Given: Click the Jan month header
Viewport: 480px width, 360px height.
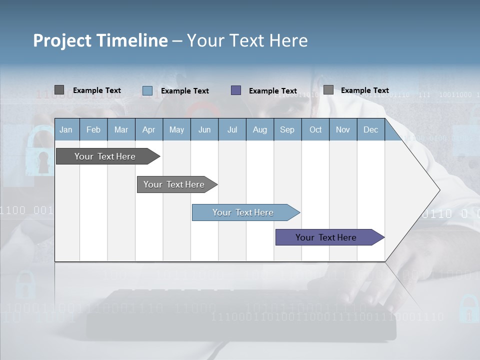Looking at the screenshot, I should (66, 129).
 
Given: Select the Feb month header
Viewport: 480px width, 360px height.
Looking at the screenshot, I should (93, 129).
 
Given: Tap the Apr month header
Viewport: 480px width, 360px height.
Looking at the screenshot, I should (149, 129).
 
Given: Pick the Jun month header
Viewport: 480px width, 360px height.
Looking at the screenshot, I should (204, 129).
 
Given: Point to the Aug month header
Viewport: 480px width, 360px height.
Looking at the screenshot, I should (260, 129).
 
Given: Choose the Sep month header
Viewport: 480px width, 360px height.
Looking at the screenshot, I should (287, 129).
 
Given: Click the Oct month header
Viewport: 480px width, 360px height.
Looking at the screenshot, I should (315, 129).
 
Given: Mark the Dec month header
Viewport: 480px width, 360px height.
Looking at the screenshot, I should (371, 129).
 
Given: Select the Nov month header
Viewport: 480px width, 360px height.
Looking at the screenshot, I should (343, 129).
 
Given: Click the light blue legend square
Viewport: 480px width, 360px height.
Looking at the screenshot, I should (147, 90).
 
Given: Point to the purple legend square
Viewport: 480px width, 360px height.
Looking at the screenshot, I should (236, 90).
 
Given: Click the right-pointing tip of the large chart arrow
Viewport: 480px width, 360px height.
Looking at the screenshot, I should (438, 190).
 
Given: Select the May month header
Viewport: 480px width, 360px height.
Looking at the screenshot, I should (176, 129).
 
